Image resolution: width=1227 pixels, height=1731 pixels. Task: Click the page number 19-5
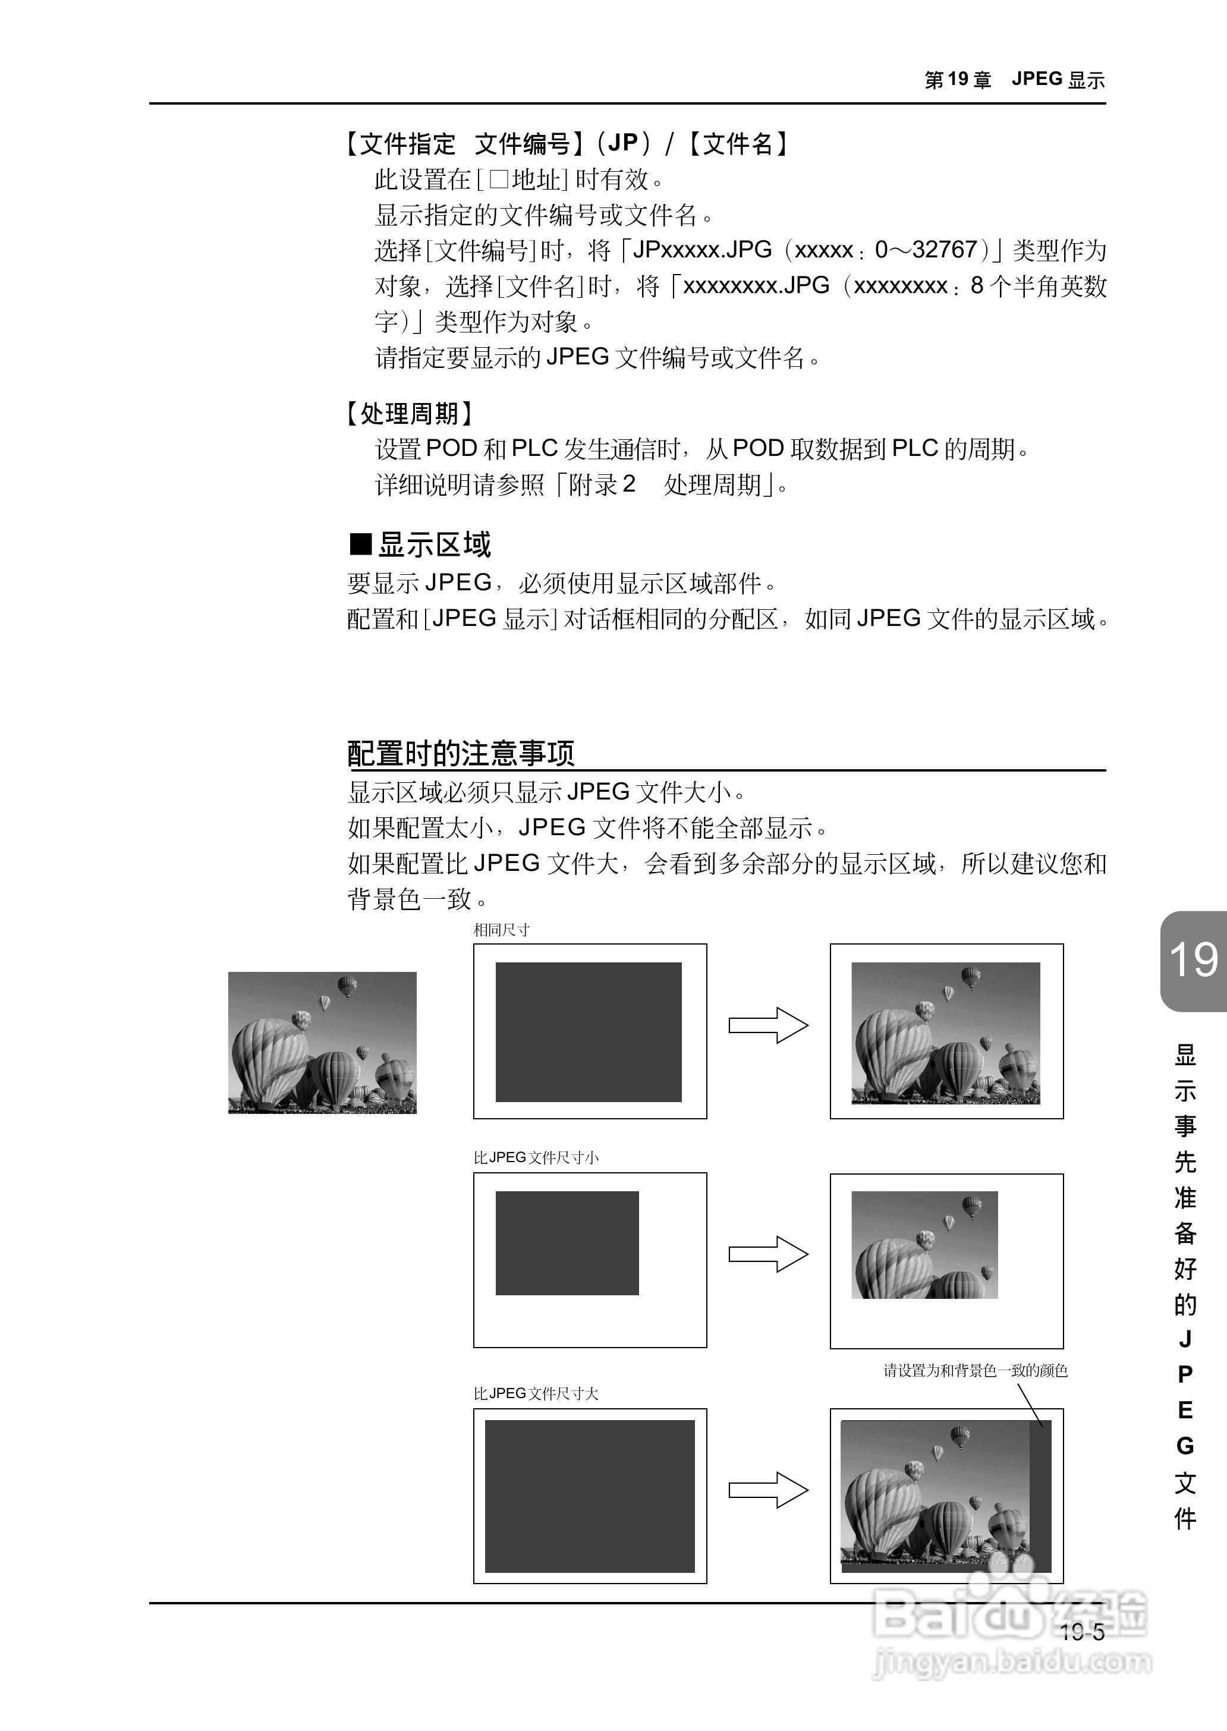click(x=1081, y=1632)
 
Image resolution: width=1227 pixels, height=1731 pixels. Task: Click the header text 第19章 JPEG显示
click(x=1014, y=79)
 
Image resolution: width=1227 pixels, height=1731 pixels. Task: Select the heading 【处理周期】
click(x=410, y=413)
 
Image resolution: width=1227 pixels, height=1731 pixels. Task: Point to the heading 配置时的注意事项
click(x=461, y=753)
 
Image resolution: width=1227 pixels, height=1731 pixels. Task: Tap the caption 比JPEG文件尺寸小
click(x=536, y=1157)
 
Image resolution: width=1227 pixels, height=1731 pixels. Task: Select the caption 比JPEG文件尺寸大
click(x=536, y=1393)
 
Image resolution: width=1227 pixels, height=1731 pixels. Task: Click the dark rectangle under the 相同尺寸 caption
click(x=589, y=1031)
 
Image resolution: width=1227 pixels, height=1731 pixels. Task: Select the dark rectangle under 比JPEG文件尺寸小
click(x=567, y=1243)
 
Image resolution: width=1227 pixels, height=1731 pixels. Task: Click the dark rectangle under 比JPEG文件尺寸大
click(x=589, y=1496)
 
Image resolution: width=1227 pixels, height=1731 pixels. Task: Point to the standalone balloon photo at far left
click(x=322, y=1043)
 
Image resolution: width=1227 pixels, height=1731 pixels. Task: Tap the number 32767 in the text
click(x=945, y=249)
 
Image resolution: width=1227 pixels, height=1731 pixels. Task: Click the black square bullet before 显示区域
click(x=361, y=544)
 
